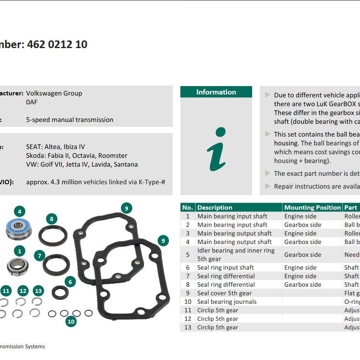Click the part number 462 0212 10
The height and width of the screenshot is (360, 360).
[x=57, y=44]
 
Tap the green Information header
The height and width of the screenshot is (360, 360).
[x=216, y=92]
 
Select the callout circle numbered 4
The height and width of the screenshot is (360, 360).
[x=19, y=211]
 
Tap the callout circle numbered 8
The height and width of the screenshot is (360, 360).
[x=51, y=219]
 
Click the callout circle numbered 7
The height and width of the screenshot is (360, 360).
[x=39, y=256]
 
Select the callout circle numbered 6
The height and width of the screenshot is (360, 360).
[x=70, y=282]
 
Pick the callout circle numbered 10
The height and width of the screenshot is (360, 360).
[x=71, y=322]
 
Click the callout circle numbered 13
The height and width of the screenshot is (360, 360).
[x=38, y=291]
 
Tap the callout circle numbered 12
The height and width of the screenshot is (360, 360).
[x=23, y=291]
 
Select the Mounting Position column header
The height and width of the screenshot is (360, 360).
[x=312, y=208]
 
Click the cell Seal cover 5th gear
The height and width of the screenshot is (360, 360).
[x=224, y=293]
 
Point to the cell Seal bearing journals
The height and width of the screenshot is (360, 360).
[x=227, y=302]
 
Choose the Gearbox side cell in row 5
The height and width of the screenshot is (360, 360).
[x=303, y=255]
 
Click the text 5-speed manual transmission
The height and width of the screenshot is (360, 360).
[x=69, y=120]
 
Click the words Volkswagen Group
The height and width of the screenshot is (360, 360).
[x=54, y=93]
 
